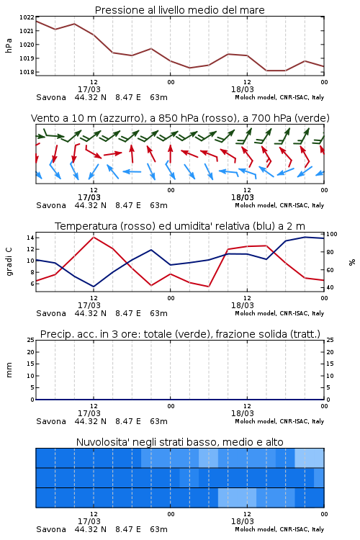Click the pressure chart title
coord(179,10)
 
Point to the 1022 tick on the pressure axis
coord(27,17)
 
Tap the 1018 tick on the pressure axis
coord(27,72)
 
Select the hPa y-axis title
coord(9,45)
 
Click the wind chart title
coord(180,118)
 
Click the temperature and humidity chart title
coord(180,226)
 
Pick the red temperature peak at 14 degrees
coord(94,237)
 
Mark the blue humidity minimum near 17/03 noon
coord(94,287)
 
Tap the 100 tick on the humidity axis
coord(331,234)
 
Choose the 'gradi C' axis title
coord(9,261)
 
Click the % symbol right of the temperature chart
coord(352,262)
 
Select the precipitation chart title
coord(180,334)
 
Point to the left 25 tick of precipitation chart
coord(31,340)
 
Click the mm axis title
coord(9,370)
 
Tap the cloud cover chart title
coord(179,442)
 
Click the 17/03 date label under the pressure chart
coord(89,89)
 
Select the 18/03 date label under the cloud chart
coord(243,521)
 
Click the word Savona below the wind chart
coord(51,206)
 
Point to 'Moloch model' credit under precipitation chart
coord(256,421)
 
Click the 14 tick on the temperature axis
coord(30,238)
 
